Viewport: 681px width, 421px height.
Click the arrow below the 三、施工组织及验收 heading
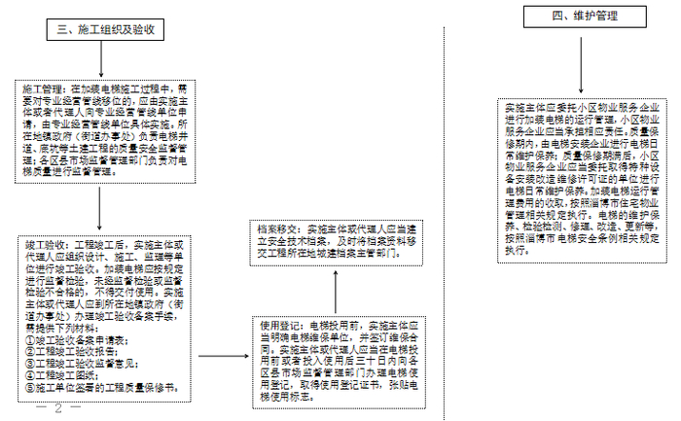pyautogui.click(x=101, y=61)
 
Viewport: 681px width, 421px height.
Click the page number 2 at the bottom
pyautogui.click(x=59, y=407)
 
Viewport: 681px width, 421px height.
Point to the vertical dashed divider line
pyautogui.click(x=445, y=214)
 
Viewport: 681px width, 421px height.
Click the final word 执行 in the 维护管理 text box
pyautogui.click(x=515, y=250)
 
